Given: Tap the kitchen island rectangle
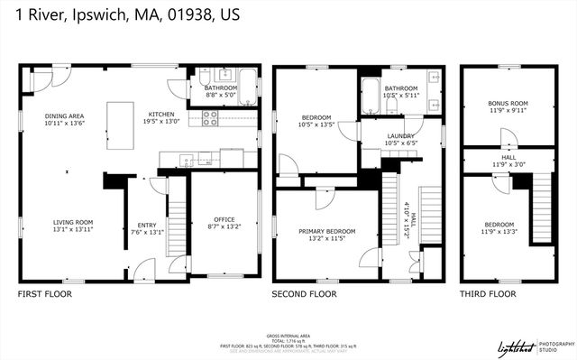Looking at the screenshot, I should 118,118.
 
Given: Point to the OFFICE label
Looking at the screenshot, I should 224,219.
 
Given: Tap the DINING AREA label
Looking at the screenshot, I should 64,116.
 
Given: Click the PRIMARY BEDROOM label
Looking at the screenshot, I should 326,231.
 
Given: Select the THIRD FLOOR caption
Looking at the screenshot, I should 487,294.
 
